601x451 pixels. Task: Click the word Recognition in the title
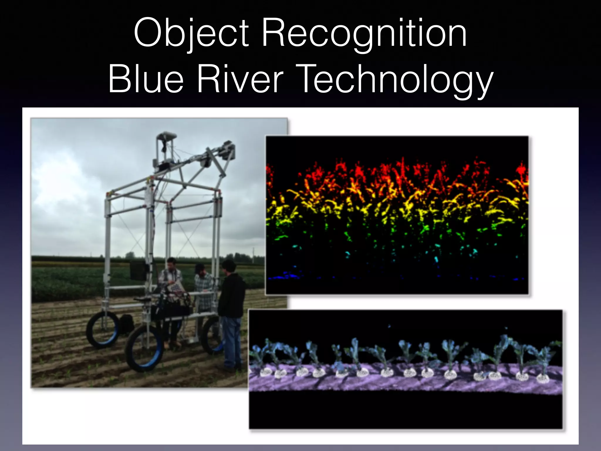(364, 33)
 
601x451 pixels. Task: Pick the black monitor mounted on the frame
(138, 270)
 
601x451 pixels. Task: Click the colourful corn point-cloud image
(397, 215)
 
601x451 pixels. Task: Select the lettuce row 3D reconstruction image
(406, 369)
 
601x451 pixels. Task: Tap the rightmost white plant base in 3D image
(542, 378)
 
